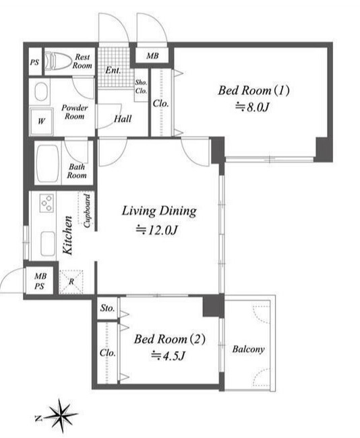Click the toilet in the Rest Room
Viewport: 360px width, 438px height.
(x=58, y=61)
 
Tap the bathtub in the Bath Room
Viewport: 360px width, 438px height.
(x=48, y=164)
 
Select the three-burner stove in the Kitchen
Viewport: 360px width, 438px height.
(x=47, y=203)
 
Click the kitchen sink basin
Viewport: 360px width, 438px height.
(x=48, y=243)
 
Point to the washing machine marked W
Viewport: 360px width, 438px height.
(x=41, y=121)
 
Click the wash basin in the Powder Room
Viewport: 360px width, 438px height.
(x=41, y=92)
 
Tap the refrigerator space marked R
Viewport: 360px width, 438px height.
(x=71, y=281)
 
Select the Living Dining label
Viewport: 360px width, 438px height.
(x=159, y=211)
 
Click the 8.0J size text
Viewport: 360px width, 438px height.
(x=252, y=106)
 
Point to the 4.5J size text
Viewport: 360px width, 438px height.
(x=168, y=356)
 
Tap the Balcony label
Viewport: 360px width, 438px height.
(x=248, y=349)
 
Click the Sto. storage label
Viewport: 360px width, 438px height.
(x=108, y=308)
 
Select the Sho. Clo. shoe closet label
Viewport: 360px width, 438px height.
(x=141, y=87)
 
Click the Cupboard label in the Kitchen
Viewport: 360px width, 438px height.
(x=87, y=211)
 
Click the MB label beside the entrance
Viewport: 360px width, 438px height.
(x=152, y=56)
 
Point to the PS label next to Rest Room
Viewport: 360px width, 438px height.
(x=34, y=62)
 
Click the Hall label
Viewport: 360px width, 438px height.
(x=123, y=119)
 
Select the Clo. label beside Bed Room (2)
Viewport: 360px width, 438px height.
(x=108, y=353)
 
